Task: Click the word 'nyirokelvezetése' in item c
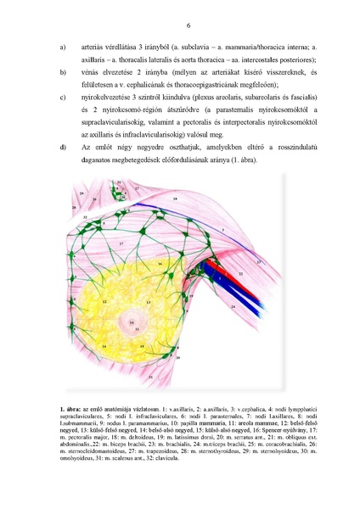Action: click(111, 98)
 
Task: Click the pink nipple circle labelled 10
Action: click(132, 322)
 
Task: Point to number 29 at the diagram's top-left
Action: click(80, 194)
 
